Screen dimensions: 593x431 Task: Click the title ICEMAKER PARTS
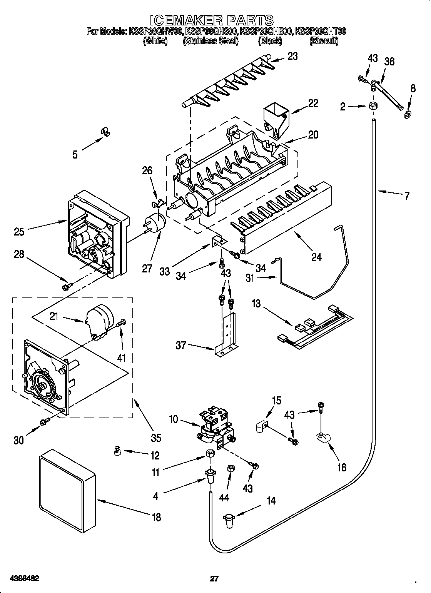[211, 20]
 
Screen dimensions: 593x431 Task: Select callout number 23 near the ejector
[292, 56]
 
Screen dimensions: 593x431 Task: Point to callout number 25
[19, 232]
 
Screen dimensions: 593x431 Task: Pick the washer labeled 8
[407, 114]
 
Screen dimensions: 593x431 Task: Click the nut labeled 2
[372, 107]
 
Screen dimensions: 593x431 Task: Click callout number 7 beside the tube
[406, 196]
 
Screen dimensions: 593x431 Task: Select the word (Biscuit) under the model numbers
[324, 41]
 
